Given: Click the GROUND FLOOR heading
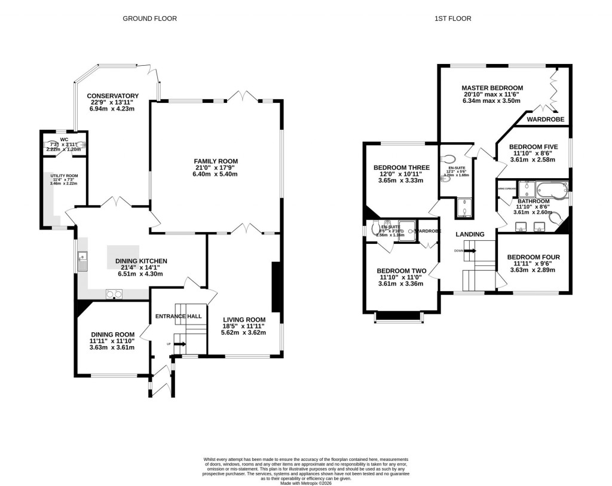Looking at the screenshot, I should click(x=149, y=19).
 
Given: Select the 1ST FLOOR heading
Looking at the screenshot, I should click(x=452, y=19).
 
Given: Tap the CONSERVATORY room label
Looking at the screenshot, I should click(x=112, y=96).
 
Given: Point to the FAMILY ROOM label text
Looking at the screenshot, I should click(x=215, y=161).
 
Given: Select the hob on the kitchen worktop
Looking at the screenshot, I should click(x=114, y=293).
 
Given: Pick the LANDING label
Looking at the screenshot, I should click(x=470, y=234).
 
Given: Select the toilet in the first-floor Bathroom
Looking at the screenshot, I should click(x=554, y=219).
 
